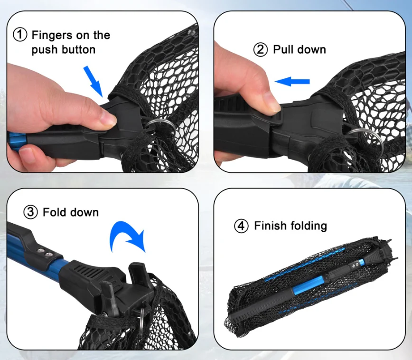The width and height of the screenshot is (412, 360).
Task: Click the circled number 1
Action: (x=20, y=35)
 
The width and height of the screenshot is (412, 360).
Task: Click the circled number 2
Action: (x=261, y=49)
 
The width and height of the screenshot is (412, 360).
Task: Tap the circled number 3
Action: (x=31, y=212)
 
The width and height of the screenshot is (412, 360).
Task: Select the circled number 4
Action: (x=241, y=226)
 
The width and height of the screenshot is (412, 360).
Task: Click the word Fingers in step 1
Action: (x=52, y=35)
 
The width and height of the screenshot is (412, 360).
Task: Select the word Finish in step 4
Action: (x=271, y=226)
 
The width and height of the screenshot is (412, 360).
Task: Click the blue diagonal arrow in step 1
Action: (x=93, y=82)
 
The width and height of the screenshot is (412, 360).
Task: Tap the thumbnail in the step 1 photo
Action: (x=108, y=119)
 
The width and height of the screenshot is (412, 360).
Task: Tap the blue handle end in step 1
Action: (x=17, y=142)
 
